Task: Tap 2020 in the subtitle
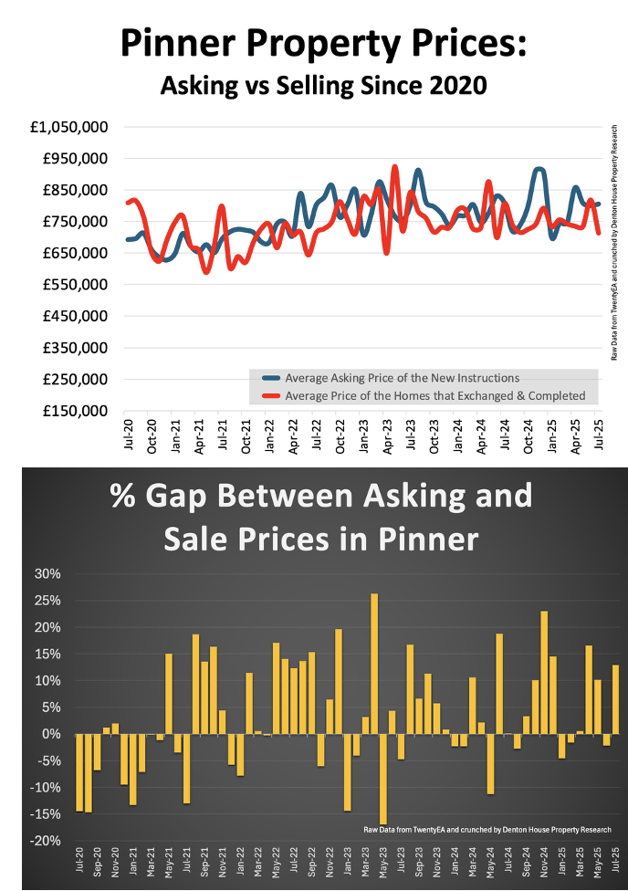[x=453, y=86]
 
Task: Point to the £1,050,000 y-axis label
[x=69, y=127]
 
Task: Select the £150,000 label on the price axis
[x=74, y=412]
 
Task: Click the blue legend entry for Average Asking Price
[x=402, y=377]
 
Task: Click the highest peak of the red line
[x=394, y=167]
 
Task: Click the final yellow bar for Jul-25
[x=615, y=699]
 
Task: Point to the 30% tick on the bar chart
[x=47, y=574]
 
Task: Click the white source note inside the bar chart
[x=486, y=829]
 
